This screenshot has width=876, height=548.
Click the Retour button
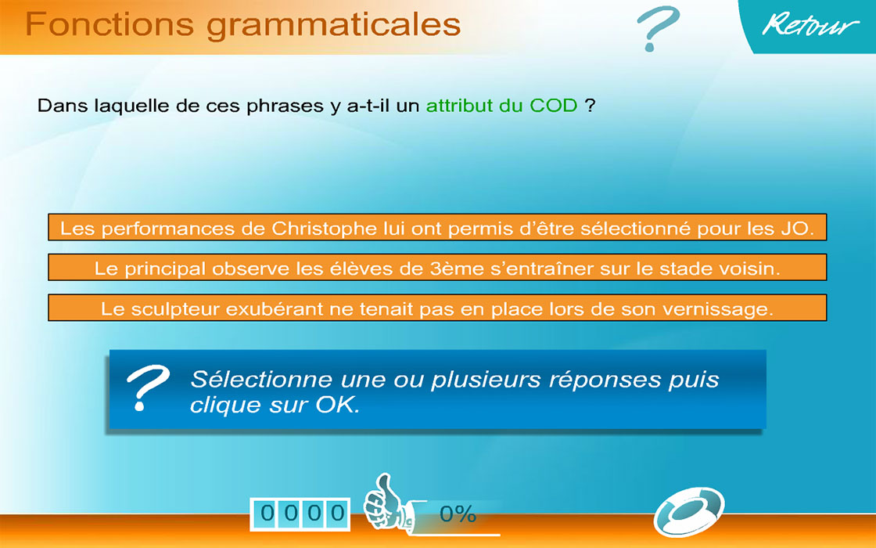pos(810,25)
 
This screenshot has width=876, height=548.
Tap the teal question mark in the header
pos(658,28)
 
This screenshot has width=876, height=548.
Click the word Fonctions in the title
pos(109,24)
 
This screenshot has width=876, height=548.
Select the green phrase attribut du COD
pos(501,105)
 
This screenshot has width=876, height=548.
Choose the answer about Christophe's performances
pos(437,227)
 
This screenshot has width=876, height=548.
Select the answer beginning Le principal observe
pos(437,267)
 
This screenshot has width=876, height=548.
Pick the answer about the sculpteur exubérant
pos(437,308)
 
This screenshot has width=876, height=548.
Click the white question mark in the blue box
pos(148,388)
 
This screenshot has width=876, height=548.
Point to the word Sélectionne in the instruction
pos(260,379)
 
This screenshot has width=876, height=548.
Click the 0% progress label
pos(458,514)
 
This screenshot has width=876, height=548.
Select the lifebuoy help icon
pos(689,511)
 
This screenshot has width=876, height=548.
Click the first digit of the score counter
pos(267,513)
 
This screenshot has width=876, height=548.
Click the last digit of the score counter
pos(337,513)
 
